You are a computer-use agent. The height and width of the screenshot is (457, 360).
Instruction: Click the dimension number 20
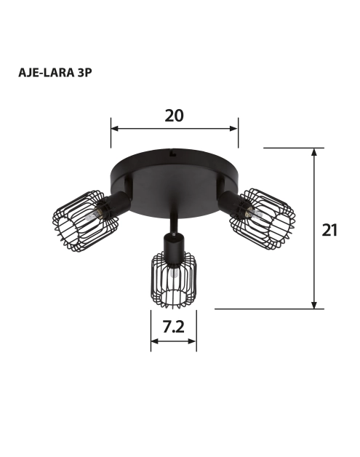tap(174, 115)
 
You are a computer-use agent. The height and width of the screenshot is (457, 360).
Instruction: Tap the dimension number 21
tap(330, 230)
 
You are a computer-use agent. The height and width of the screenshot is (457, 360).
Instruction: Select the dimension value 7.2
tap(173, 327)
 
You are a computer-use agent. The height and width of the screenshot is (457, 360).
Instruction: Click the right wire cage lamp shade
tap(263, 219)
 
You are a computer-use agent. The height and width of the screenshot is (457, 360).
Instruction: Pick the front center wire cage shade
tap(173, 281)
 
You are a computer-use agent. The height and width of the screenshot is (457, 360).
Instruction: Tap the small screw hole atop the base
tap(172, 154)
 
